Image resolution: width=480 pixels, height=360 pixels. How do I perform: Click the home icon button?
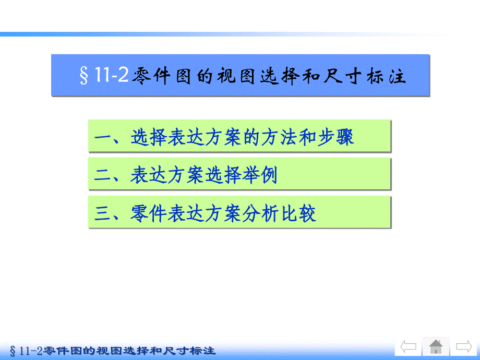(x=436, y=346)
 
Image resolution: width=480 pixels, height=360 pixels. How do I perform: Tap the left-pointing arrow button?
(x=409, y=347)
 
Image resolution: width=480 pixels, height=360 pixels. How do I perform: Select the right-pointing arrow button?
(x=464, y=347)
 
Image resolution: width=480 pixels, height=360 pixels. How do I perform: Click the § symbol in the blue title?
(x=84, y=76)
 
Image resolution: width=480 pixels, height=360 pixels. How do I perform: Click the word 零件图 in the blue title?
(x=162, y=76)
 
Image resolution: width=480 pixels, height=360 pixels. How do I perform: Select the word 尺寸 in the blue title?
(x=342, y=76)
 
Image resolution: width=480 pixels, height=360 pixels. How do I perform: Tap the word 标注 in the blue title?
(x=387, y=76)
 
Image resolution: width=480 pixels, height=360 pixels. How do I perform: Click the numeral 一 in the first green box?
(x=103, y=137)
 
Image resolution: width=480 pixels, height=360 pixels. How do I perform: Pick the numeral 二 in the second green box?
(x=103, y=175)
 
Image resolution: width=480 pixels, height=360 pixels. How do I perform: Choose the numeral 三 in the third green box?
(x=103, y=213)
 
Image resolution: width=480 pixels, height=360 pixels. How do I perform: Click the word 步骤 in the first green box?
(x=336, y=137)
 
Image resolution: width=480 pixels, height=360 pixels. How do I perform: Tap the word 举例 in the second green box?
(x=260, y=175)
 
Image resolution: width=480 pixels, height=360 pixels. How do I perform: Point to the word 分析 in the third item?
(x=260, y=213)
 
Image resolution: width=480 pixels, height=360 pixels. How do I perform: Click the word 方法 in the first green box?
(x=279, y=137)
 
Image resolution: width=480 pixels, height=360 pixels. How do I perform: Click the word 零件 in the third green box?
(x=148, y=213)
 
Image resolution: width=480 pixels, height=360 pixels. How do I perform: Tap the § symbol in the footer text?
(x=13, y=351)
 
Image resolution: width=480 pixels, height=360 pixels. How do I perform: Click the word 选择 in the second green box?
(x=223, y=175)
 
